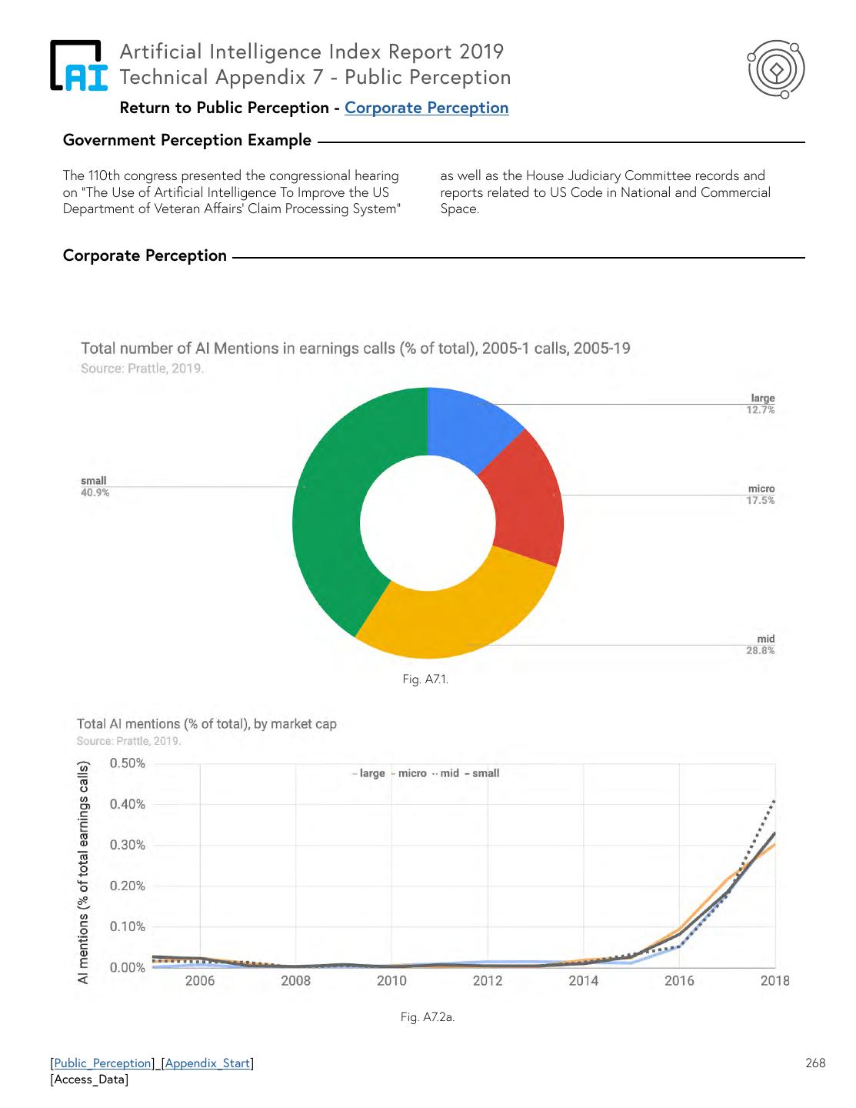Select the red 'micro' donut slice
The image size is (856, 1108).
coord(523,504)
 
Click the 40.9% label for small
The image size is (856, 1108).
coord(95,492)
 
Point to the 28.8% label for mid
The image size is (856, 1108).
coord(760,651)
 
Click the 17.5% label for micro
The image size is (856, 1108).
coord(760,501)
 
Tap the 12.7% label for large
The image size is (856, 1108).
coord(760,410)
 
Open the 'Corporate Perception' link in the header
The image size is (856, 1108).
coord(426,108)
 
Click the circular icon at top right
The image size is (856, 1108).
coord(777,69)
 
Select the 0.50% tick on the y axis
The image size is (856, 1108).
coord(127,763)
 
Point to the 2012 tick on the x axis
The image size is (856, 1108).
coord(488,980)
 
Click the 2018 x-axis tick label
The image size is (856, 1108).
coord(774,980)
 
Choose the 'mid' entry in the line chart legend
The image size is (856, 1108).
coord(449,773)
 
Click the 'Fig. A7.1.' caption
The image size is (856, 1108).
coord(425,679)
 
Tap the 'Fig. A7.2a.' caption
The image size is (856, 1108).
coord(428,1017)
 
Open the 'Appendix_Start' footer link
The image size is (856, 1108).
coord(208,1063)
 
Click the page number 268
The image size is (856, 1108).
coord(815,1063)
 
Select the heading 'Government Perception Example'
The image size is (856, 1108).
coord(187,140)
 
